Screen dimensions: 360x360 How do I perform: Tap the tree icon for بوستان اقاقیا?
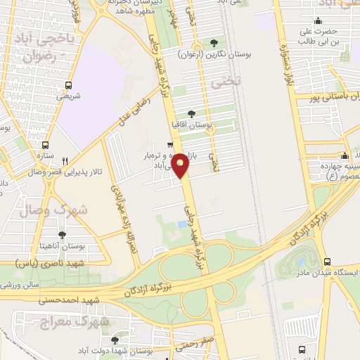tap(191, 113)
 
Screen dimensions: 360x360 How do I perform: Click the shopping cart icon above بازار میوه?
tap(169, 146)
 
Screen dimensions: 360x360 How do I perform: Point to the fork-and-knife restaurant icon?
tap(65, 160)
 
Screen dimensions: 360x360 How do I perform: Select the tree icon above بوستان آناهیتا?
tap(63, 235)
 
